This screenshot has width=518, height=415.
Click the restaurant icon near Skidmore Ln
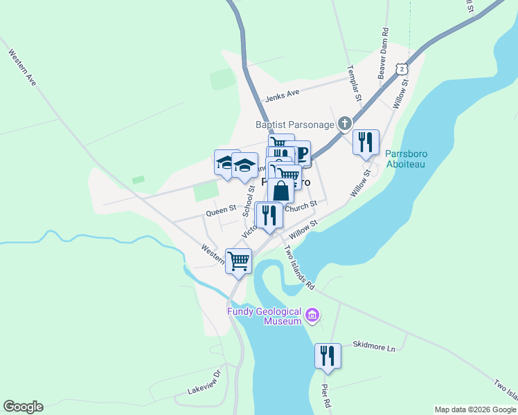pyautogui.click(x=327, y=356)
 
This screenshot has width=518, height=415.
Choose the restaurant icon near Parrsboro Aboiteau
pyautogui.click(x=365, y=142)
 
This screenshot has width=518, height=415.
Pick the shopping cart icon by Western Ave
pyautogui.click(x=238, y=261)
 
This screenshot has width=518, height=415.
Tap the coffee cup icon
pyautogui.click(x=300, y=153)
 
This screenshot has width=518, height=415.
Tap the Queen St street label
pyautogui.click(x=222, y=207)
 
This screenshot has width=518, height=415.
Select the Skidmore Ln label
pyautogui.click(x=373, y=347)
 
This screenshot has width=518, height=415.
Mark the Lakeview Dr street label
pyautogui.click(x=204, y=382)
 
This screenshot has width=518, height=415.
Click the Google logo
pyautogui.click(x=23, y=407)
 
